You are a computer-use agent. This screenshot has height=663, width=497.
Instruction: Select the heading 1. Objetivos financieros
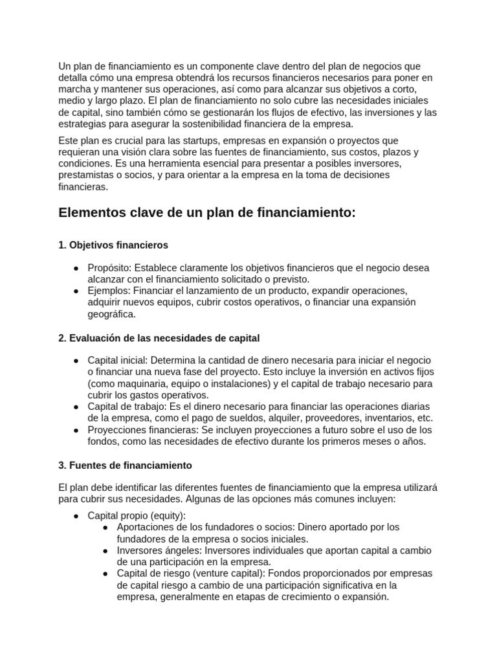tap(113, 245)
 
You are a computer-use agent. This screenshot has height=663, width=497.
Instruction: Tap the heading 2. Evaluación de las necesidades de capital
tap(159, 338)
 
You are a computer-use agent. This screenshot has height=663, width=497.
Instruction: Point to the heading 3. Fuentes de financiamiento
tap(125, 466)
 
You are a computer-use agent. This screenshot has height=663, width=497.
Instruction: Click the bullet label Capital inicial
tap(118, 360)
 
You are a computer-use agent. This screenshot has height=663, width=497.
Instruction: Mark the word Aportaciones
tap(145, 527)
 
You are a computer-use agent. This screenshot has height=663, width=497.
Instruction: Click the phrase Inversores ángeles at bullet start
tap(157, 550)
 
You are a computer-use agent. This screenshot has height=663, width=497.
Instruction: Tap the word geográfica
tap(112, 314)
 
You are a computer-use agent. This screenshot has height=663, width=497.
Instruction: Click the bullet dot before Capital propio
tap(76, 515)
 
